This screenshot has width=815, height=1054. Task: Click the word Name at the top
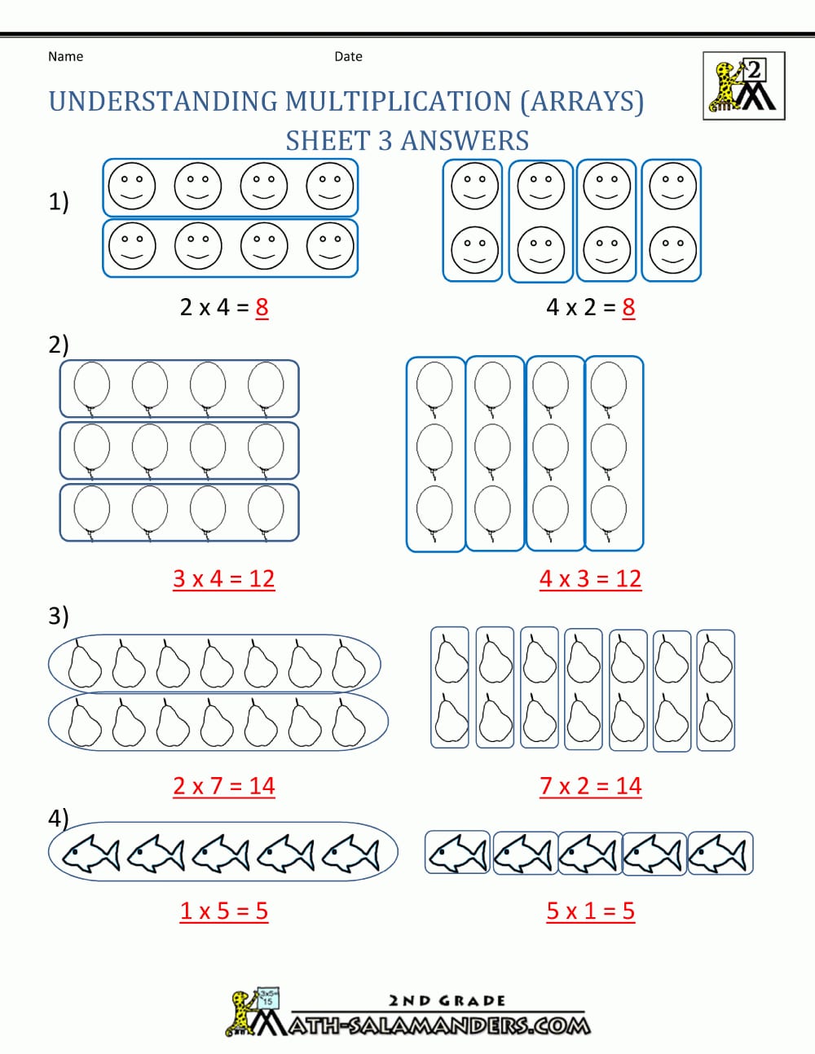(x=65, y=56)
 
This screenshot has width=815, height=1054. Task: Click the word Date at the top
(x=348, y=56)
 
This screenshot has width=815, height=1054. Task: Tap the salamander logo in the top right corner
(x=743, y=86)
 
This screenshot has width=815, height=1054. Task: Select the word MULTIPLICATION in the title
(x=398, y=102)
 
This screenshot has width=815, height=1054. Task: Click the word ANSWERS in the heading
(x=465, y=141)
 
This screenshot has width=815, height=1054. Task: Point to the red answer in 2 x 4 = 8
(x=262, y=307)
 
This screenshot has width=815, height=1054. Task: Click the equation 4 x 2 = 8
(x=590, y=307)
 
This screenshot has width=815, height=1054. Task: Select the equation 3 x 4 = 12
(x=223, y=578)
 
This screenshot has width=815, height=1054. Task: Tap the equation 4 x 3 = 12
(x=590, y=578)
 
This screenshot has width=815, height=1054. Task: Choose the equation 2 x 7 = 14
(x=223, y=786)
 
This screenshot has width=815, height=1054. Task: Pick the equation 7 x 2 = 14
(x=590, y=786)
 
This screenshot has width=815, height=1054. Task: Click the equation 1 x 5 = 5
(x=223, y=911)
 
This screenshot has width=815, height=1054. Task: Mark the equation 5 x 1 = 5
(x=590, y=911)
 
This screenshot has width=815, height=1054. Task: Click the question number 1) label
(x=59, y=201)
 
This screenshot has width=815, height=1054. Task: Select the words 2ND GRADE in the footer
(x=447, y=1000)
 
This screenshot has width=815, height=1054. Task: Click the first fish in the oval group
(x=90, y=854)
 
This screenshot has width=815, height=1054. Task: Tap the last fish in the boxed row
(x=720, y=854)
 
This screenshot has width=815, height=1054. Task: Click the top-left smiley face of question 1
(x=132, y=186)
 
